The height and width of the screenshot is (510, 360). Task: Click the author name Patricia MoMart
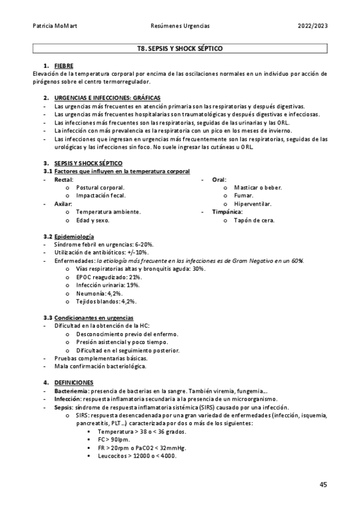click(52, 26)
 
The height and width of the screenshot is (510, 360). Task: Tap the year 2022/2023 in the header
click(313, 26)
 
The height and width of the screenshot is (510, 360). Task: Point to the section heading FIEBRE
click(64, 65)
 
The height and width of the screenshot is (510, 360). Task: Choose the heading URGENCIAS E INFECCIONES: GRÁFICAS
click(107, 97)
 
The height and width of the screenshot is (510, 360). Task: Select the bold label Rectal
click(64, 180)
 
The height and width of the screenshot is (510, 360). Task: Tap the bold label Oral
click(218, 180)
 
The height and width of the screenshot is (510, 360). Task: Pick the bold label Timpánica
click(227, 212)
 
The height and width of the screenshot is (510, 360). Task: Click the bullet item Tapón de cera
click(254, 220)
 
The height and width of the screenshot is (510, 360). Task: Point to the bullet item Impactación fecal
click(100, 195)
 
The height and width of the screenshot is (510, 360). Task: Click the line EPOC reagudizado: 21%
click(109, 277)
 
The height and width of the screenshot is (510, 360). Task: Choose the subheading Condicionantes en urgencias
click(94, 318)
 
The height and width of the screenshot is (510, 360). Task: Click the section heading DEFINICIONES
click(73, 382)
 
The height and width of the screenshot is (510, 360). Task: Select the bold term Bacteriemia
click(71, 391)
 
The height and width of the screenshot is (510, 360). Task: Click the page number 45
click(323, 484)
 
